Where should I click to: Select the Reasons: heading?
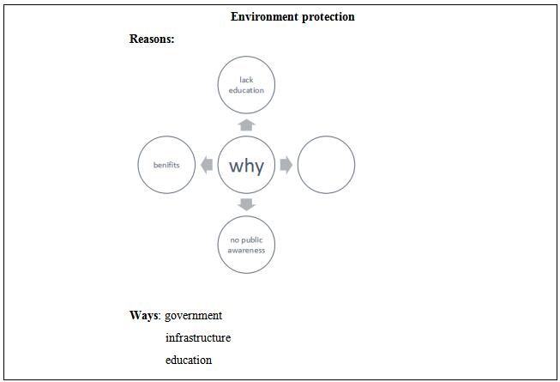152,39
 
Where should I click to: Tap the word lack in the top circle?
246,79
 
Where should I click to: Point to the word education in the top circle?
246,90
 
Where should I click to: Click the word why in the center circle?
246,166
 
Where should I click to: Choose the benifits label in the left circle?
166,165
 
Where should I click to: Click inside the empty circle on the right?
326,165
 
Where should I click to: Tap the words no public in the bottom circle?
246,240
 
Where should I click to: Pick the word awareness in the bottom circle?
246,251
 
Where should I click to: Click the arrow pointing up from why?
246,125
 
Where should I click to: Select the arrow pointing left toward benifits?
207,165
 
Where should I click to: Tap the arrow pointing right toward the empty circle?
286,165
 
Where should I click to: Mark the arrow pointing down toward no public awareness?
246,205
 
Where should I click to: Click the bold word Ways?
143,315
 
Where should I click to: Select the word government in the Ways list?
193,316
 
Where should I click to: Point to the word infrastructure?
198,337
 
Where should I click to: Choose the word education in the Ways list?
189,360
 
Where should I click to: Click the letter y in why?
259,167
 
